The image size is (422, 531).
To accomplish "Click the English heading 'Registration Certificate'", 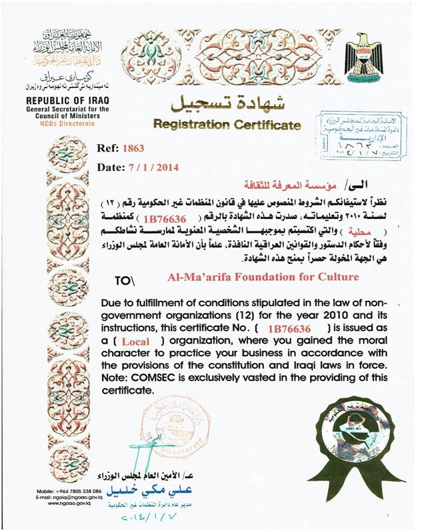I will tap(227, 124).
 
